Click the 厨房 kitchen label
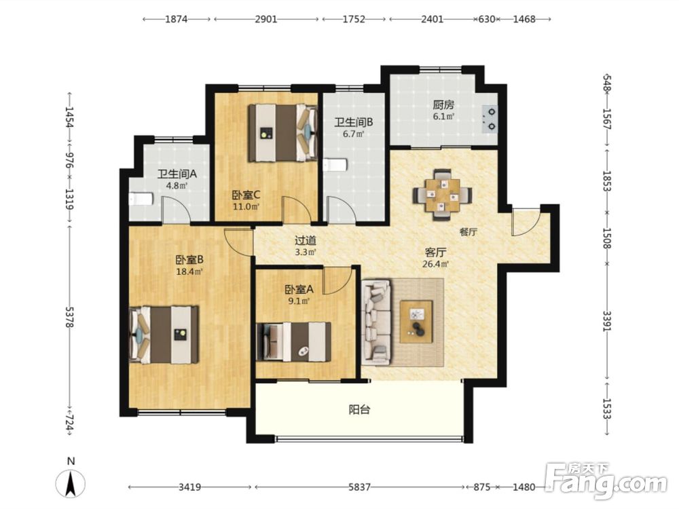443,105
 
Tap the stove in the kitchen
490,119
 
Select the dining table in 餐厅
443,195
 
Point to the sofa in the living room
377,322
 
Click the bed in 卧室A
293,341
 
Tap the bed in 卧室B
164,335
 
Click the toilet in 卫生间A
141,199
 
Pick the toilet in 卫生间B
335,165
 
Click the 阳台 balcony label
359,409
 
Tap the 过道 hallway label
306,241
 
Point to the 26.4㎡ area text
436,264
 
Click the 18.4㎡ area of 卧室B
189,272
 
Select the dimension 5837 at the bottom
359,487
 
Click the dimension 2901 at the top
266,20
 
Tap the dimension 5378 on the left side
69,317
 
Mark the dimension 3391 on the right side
608,321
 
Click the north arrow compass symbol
70,482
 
